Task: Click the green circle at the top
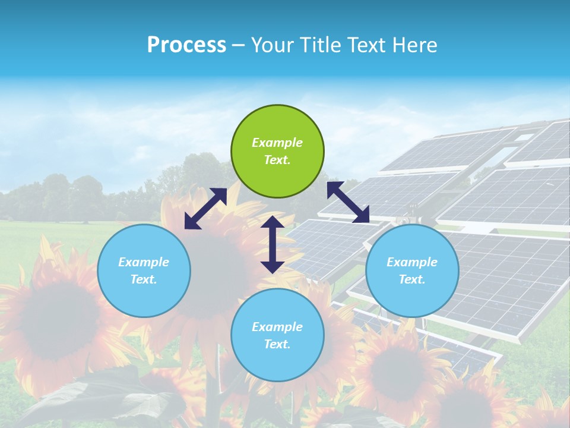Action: pyautogui.click(x=277, y=152)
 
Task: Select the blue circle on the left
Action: pyautogui.click(x=144, y=270)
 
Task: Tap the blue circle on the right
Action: pyautogui.click(x=412, y=270)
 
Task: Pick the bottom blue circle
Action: pyautogui.click(x=277, y=335)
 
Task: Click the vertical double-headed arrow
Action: pyautogui.click(x=273, y=244)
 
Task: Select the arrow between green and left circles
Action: pyautogui.click(x=205, y=209)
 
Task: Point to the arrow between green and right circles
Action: pyautogui.click(x=349, y=202)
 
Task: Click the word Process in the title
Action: pyautogui.click(x=186, y=45)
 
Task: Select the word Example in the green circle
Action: pyautogui.click(x=277, y=143)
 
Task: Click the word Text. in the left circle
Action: pyautogui.click(x=144, y=279)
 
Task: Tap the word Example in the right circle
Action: pyautogui.click(x=412, y=262)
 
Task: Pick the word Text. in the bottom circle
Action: pyautogui.click(x=277, y=344)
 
